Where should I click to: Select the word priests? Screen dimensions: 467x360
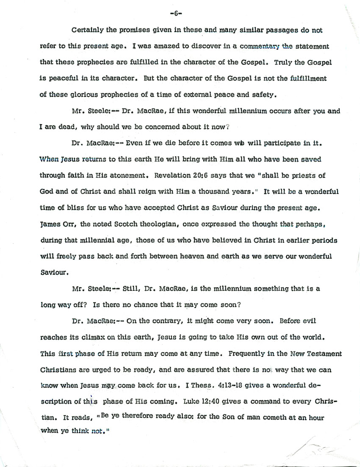[305, 176]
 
